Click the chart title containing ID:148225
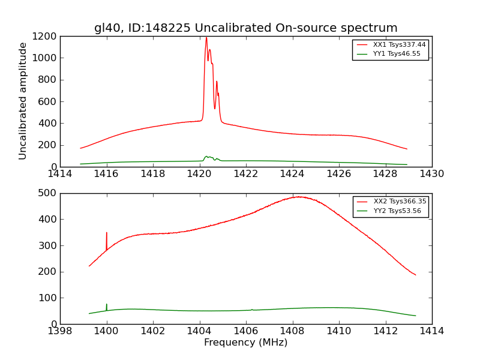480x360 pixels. (245, 28)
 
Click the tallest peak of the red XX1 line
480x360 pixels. (206, 38)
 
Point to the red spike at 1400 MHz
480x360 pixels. (107, 233)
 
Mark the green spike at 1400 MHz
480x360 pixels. (107, 305)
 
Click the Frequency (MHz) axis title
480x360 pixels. (245, 343)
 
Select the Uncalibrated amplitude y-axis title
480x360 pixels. (23, 101)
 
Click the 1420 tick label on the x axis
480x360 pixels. (199, 174)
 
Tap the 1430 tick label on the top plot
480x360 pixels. (431, 174)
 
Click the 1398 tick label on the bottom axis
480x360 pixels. (60, 331)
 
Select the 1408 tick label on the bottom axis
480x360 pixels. (292, 331)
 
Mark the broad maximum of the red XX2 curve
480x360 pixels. (297, 196)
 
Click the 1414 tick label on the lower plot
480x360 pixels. (431, 331)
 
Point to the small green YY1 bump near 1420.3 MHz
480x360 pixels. (206, 157)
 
